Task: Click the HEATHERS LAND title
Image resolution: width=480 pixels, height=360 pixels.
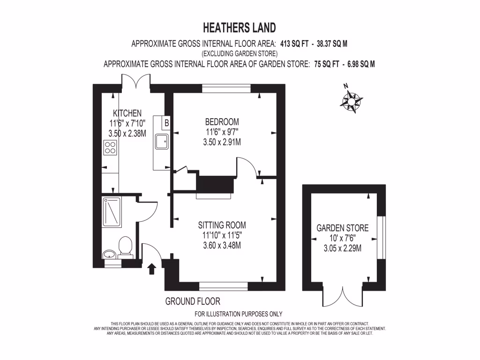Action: pyautogui.click(x=240, y=27)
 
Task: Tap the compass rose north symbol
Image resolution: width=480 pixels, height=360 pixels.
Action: pyautogui.click(x=350, y=100)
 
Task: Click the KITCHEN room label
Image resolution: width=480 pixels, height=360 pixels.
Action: pyautogui.click(x=127, y=113)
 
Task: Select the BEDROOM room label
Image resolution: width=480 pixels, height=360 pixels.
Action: pyautogui.click(x=222, y=122)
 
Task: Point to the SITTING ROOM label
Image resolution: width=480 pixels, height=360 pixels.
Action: pyautogui.click(x=222, y=225)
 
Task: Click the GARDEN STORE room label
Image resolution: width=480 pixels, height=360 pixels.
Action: pyautogui.click(x=343, y=228)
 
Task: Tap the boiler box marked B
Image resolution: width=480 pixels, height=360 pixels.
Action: pyautogui.click(x=166, y=123)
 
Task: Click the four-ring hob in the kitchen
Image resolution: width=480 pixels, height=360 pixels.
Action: pyautogui.click(x=110, y=148)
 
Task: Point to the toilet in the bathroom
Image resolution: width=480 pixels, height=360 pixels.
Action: pyautogui.click(x=125, y=247)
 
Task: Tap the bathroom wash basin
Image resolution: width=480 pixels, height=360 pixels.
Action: pyautogui.click(x=109, y=255)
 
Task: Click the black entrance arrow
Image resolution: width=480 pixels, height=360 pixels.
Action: pyautogui.click(x=151, y=269)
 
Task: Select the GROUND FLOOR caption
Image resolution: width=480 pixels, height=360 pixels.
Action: pyautogui.click(x=193, y=301)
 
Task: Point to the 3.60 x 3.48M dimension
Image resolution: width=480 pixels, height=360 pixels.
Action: pyautogui.click(x=222, y=245)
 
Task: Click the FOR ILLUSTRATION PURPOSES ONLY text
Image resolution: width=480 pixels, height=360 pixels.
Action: pyautogui.click(x=238, y=314)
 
